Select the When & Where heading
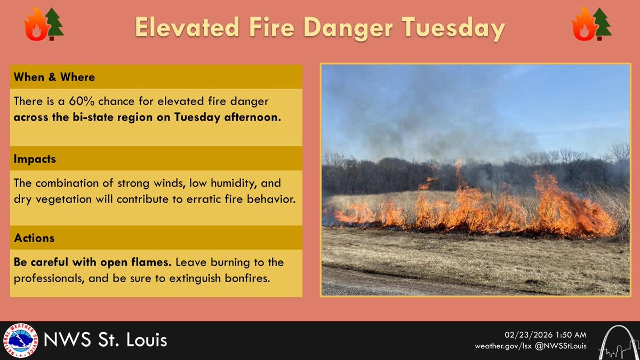(x=55, y=77)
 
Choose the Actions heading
(x=35, y=238)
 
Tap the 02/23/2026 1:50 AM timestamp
(x=546, y=335)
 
